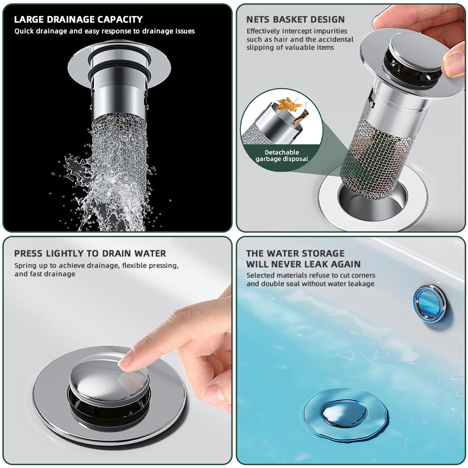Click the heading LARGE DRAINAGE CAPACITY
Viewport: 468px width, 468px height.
click(x=78, y=20)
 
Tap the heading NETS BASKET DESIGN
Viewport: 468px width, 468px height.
click(x=295, y=20)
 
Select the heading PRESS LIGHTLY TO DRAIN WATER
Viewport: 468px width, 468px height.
click(x=90, y=254)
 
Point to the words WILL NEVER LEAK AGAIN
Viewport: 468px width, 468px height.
click(x=303, y=264)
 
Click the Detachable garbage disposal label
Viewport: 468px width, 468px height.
click(x=282, y=155)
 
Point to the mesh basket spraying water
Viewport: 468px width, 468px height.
click(x=118, y=154)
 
